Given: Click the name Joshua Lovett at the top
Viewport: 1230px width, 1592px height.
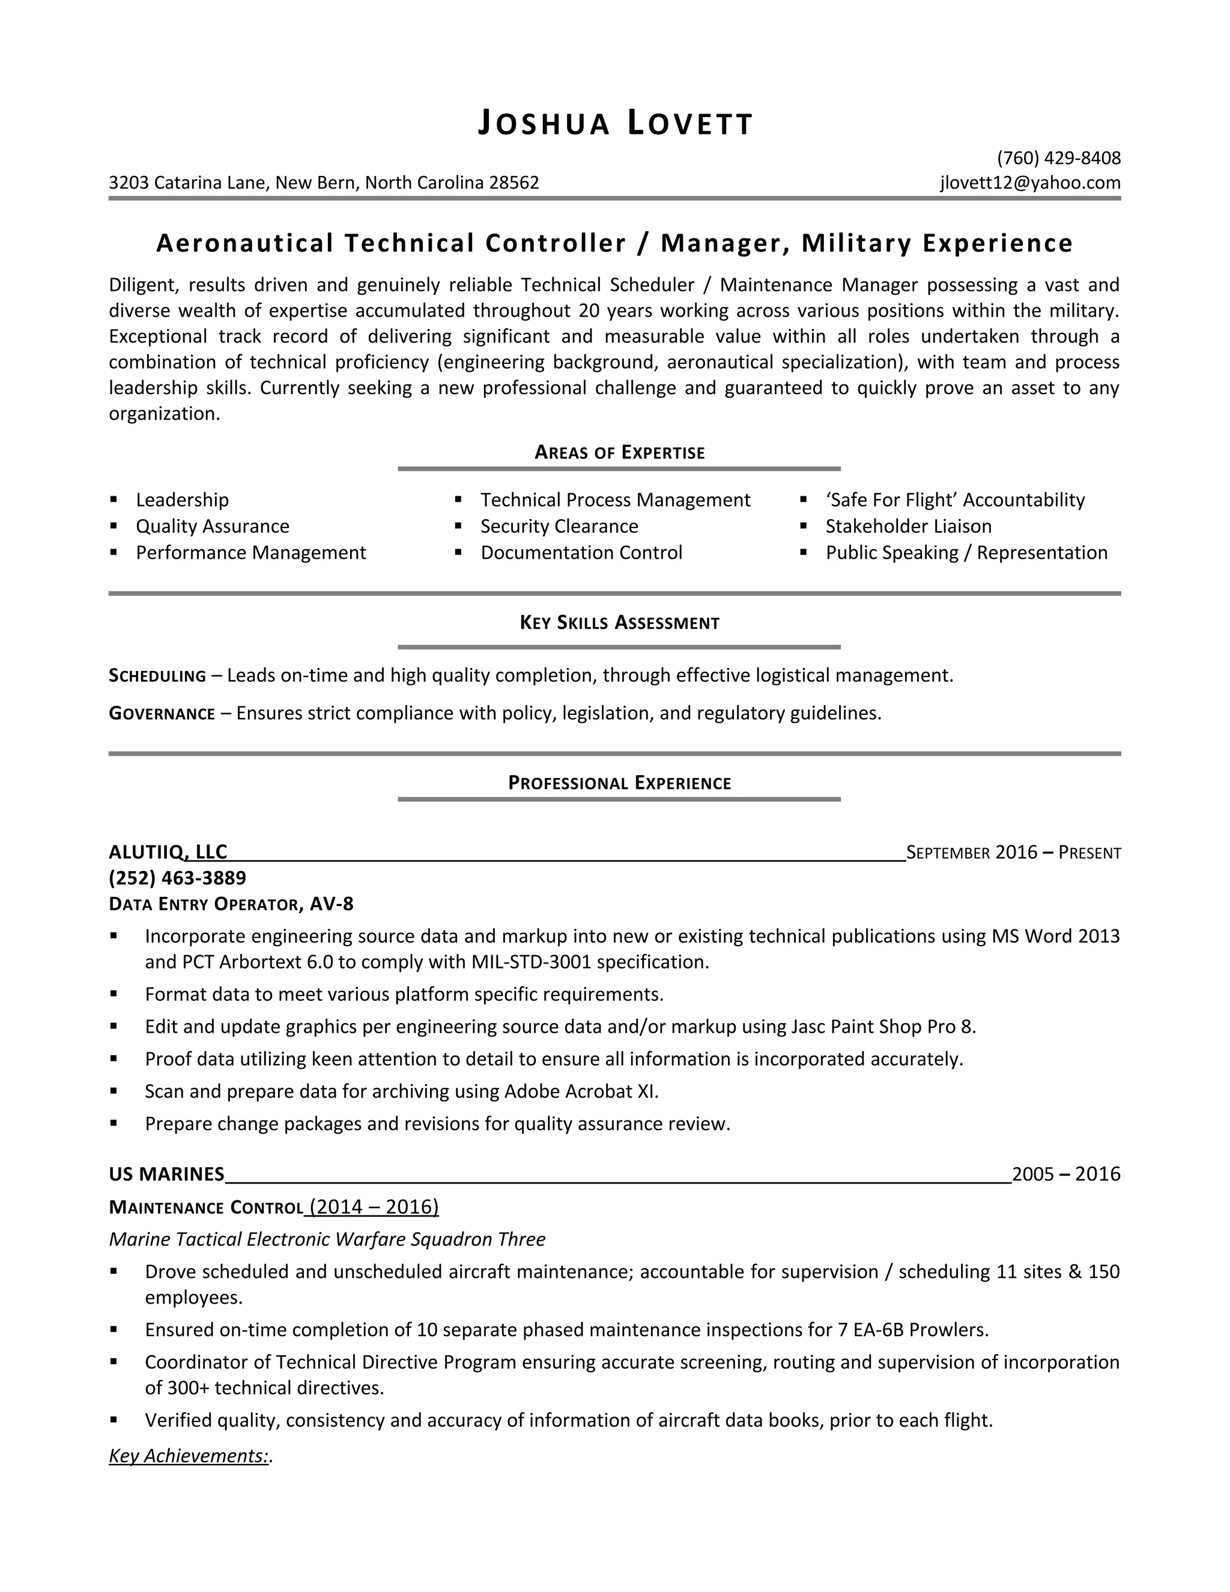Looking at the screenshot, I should [615, 123].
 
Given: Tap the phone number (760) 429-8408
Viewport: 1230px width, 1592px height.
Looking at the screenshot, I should [1058, 158].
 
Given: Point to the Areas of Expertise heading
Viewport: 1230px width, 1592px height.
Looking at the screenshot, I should [619, 453].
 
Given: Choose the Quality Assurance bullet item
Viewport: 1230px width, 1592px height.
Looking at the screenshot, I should [212, 526].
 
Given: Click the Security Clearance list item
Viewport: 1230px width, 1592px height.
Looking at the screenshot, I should [559, 526].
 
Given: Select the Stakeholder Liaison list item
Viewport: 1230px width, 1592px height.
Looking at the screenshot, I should [908, 526].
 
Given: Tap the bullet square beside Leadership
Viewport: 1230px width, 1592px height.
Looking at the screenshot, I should [114, 500].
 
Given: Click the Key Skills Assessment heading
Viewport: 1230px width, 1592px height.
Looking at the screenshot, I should [619, 622].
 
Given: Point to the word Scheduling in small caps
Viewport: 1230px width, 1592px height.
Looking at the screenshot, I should [157, 676].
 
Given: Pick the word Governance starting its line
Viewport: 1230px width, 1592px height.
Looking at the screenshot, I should [162, 714].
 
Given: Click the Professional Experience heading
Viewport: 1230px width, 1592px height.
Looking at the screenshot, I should [619, 783].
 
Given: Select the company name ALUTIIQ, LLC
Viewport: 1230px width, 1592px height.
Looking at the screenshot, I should [168, 851].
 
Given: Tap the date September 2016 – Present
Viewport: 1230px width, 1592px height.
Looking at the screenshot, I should [1013, 852].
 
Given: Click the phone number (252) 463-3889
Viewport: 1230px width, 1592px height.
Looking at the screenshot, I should [177, 878].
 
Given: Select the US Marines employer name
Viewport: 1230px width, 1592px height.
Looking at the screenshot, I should [166, 1174].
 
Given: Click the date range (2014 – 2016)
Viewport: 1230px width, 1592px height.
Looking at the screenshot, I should [374, 1207].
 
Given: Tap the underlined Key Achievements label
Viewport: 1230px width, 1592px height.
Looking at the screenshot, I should [189, 1456].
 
